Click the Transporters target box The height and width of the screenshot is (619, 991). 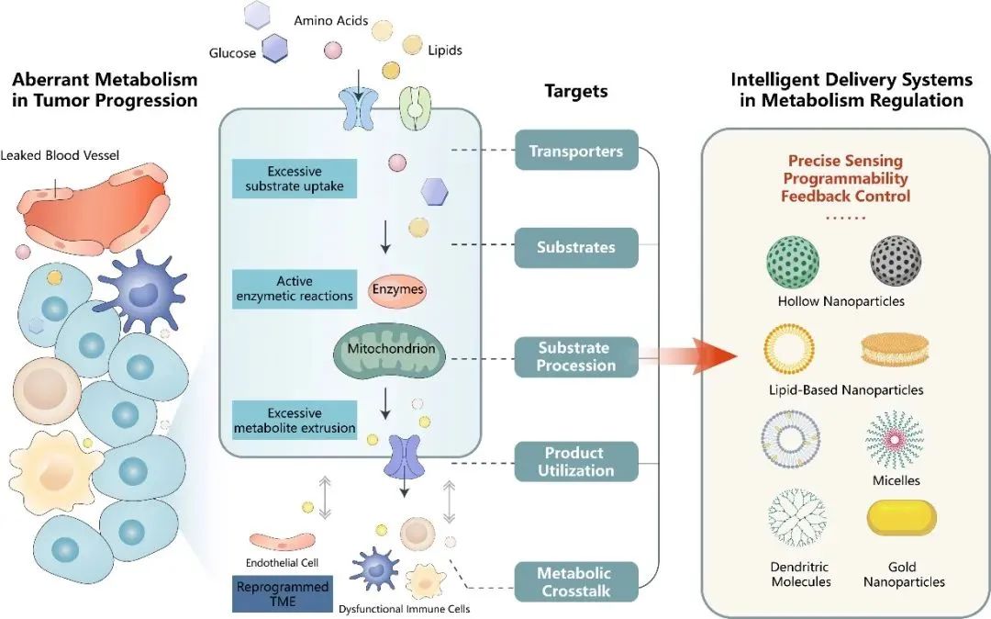pyautogui.click(x=576, y=151)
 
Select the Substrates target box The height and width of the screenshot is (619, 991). pyautogui.click(x=576, y=247)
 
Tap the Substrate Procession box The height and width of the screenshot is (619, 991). pyautogui.click(x=576, y=357)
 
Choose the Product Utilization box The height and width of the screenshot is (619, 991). pyautogui.click(x=576, y=462)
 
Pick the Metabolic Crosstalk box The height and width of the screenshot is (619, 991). pyautogui.click(x=576, y=581)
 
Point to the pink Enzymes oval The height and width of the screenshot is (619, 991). pyautogui.click(x=397, y=289)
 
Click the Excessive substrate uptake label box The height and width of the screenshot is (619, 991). pyautogui.click(x=295, y=179)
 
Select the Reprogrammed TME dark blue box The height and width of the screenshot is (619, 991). pyautogui.click(x=283, y=594)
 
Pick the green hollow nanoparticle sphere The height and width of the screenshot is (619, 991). pyautogui.click(x=793, y=262)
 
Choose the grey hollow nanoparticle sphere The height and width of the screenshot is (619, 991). pyautogui.click(x=896, y=261)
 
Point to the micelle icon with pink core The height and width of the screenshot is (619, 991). pyautogui.click(x=895, y=439)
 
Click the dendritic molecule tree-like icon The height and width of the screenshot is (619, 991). pyautogui.click(x=797, y=518)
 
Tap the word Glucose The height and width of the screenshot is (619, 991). pyautogui.click(x=232, y=53)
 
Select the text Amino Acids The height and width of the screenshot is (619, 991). pyautogui.click(x=330, y=21)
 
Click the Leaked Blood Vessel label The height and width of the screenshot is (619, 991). pyautogui.click(x=60, y=155)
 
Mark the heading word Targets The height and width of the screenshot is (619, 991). pyautogui.click(x=575, y=91)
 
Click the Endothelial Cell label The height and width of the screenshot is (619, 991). pyautogui.click(x=282, y=563)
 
